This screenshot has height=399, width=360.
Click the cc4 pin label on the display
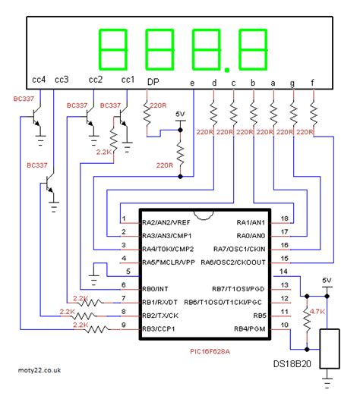click(39, 79)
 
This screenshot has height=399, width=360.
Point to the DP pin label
click(152, 81)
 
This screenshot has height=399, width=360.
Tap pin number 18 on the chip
click(284, 218)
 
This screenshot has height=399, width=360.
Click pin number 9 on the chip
click(123, 327)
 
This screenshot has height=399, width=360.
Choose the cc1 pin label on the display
click(127, 79)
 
